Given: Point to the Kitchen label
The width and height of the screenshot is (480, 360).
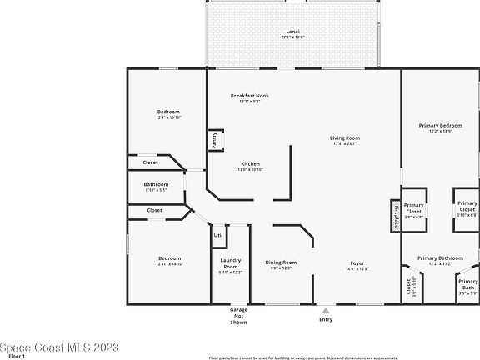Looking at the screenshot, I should (251, 166).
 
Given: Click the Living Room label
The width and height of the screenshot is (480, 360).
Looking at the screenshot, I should (344, 140).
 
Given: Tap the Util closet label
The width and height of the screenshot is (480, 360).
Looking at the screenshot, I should (218, 235).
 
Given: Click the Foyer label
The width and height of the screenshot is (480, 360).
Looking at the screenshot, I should (357, 265).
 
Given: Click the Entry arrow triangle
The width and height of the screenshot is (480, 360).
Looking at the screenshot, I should (326, 310).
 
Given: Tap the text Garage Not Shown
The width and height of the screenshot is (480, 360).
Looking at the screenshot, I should (238, 316).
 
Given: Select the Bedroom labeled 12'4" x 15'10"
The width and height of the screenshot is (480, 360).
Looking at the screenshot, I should (168, 114).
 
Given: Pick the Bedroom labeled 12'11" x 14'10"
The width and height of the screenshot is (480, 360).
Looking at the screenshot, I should (168, 261).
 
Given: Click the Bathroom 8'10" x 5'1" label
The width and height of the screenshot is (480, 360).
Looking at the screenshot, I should (156, 187).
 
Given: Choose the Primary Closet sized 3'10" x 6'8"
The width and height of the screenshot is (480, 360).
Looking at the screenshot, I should (467, 208).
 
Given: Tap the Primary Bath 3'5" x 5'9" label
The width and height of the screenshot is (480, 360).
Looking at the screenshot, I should (467, 287).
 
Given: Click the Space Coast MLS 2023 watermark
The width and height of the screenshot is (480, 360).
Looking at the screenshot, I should (60, 347).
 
